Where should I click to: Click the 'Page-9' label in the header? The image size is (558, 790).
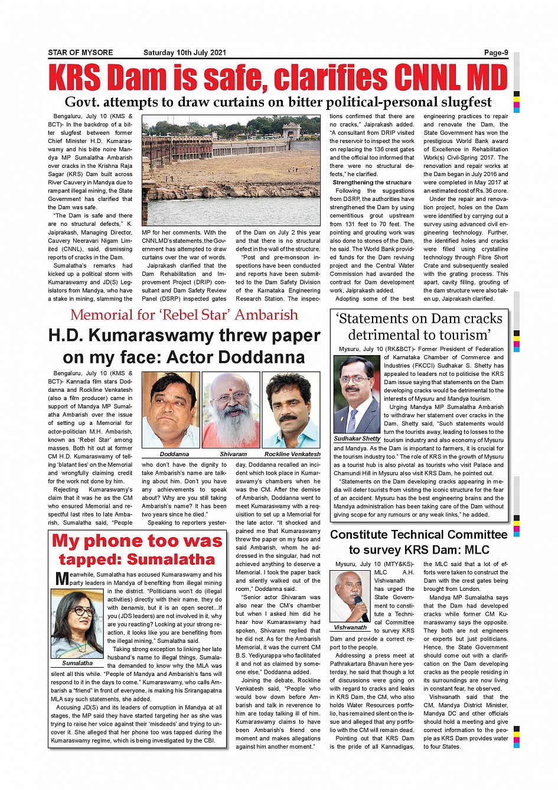point(496,53)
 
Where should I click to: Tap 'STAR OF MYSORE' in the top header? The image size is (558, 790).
point(80,53)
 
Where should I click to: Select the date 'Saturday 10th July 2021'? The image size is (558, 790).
point(184,53)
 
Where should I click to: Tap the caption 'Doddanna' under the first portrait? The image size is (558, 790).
point(174,454)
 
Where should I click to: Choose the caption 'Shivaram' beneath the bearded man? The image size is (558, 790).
point(233,454)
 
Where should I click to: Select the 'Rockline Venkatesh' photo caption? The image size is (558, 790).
point(292,454)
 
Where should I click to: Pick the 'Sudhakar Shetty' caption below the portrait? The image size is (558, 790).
point(357,438)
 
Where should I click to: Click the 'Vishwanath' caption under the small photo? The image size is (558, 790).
point(350,627)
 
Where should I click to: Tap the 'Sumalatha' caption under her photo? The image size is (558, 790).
point(77,663)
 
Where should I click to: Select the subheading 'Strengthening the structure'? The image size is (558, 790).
point(372,183)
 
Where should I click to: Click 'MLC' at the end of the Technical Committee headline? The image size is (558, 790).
point(477,550)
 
